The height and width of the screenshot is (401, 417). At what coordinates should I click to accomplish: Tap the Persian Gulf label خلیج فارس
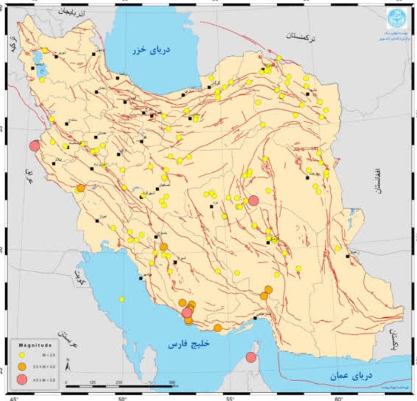tap(189, 344)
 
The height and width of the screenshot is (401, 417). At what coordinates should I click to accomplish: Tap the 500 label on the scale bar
tap(172, 382)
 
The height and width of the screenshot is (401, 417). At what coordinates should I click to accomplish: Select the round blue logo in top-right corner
tap(397, 18)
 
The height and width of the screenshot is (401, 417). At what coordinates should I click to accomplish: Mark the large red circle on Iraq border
tap(35, 146)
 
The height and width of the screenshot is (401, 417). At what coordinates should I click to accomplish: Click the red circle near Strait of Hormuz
tap(250, 357)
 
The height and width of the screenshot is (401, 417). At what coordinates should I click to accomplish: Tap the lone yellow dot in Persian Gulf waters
tap(121, 299)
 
